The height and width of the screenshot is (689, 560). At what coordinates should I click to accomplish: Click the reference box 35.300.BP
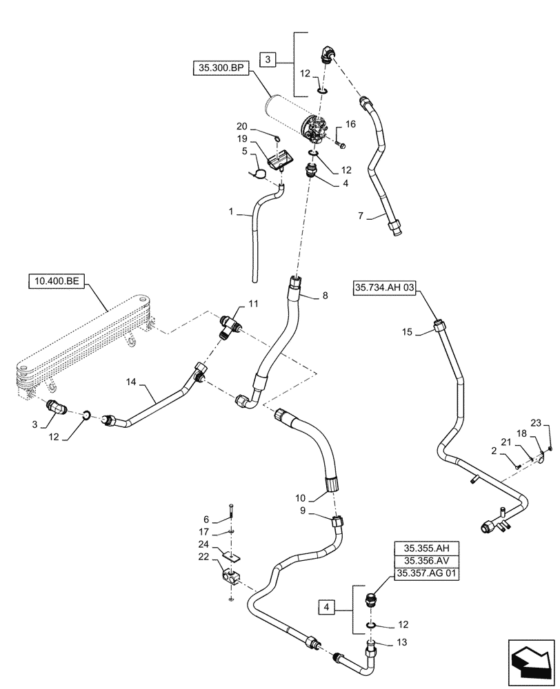click(x=219, y=70)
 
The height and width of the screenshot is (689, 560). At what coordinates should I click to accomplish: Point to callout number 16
click(x=350, y=125)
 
